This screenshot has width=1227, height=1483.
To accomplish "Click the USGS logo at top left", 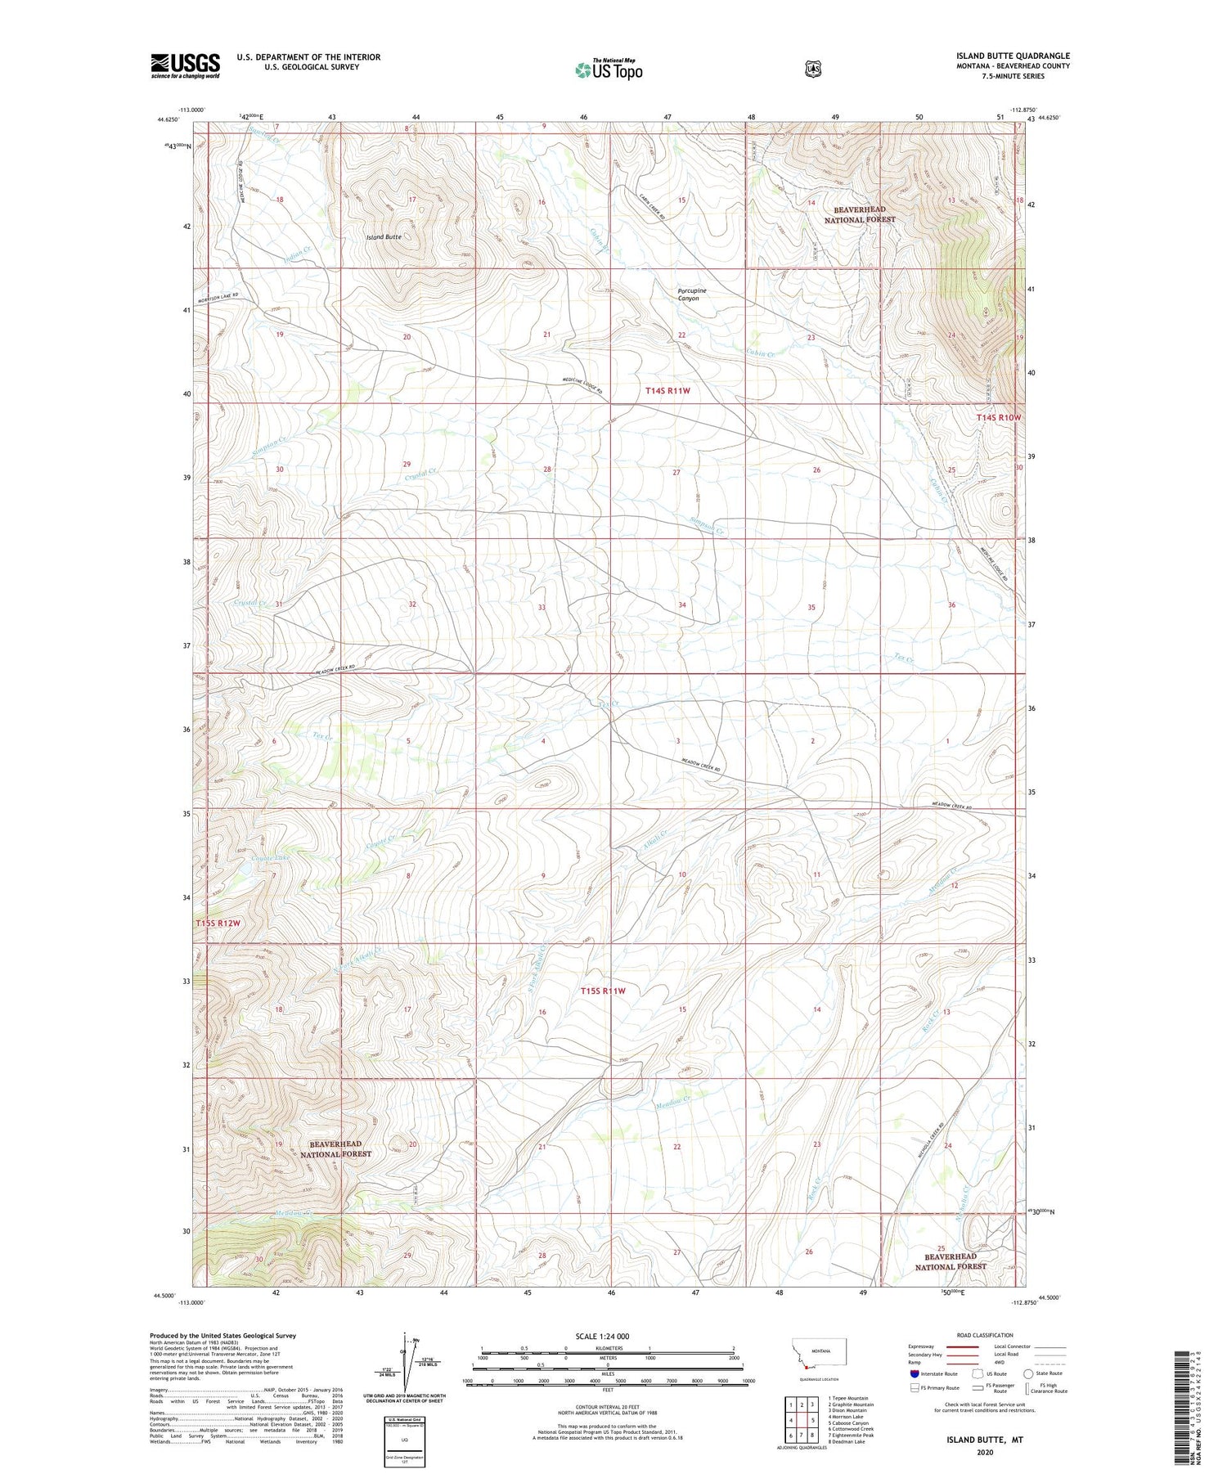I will [185, 65].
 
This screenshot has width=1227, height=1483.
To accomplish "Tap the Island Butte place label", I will [384, 237].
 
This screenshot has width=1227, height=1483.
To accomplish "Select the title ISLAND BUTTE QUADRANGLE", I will [1013, 56].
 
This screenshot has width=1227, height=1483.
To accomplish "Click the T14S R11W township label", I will [667, 391].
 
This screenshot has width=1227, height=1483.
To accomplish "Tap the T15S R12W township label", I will [218, 924].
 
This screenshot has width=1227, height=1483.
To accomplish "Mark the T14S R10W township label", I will [999, 417].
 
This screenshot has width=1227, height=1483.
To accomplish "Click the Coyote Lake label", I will [247, 858].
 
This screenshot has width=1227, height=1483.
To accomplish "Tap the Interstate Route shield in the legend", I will [915, 1373].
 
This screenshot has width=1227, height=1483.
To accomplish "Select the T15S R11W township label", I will [603, 991].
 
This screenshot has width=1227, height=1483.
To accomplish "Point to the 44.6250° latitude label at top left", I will [166, 119].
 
